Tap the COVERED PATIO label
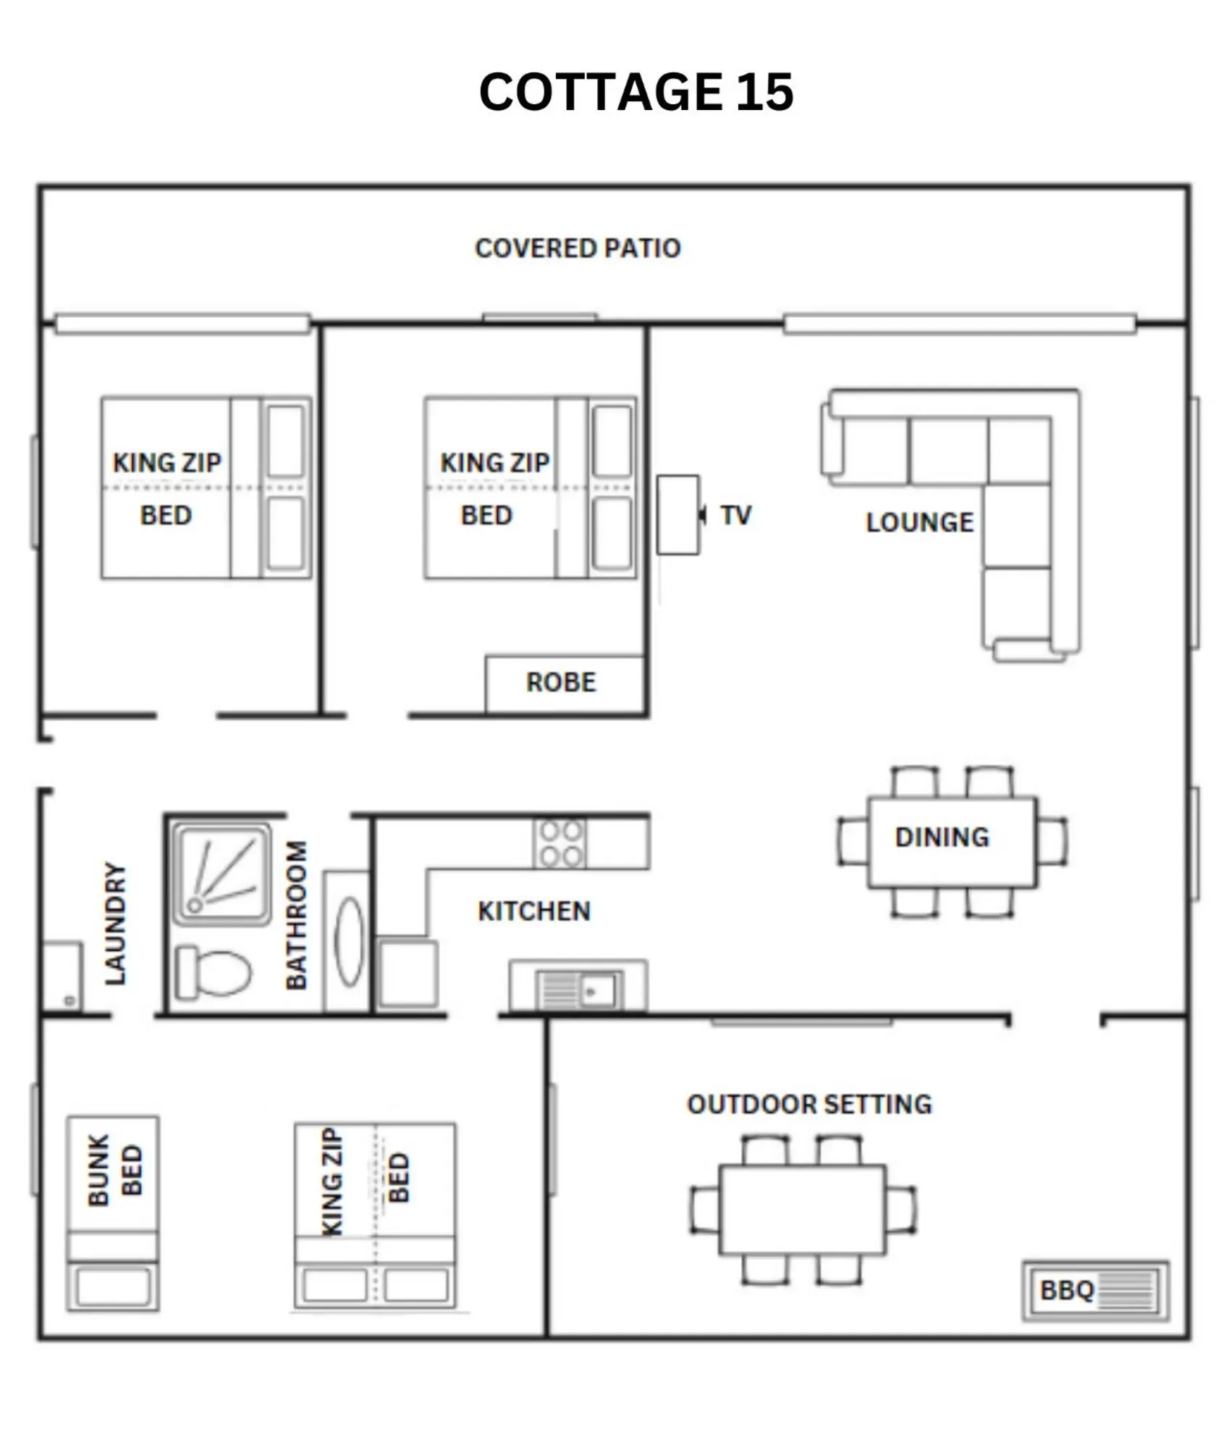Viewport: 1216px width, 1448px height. (577, 248)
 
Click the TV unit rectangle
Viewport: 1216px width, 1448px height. (677, 515)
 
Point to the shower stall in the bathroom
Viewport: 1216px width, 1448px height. (222, 873)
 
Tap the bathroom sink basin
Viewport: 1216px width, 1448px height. (349, 941)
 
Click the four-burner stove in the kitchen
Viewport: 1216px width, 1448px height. (560, 843)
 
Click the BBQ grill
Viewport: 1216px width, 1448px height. (1095, 1290)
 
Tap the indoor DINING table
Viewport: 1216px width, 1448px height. (952, 842)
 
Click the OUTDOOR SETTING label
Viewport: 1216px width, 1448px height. (809, 1104)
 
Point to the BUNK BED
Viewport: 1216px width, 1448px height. (113, 1213)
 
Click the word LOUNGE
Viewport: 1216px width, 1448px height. (919, 522)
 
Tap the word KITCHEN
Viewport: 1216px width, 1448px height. (534, 911)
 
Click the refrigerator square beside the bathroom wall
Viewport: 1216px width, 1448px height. (408, 972)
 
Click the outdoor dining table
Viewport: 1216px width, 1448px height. (802, 1210)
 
